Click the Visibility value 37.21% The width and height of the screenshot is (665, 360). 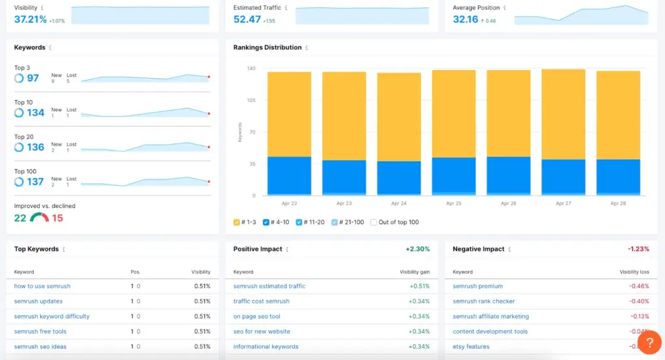pos(31,19)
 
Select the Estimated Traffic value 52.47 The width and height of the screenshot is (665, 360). pos(247,19)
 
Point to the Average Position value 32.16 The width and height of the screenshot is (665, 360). pos(466,19)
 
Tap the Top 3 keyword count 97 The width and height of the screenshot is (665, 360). pos(32,79)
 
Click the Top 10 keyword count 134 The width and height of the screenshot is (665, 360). pos(36,113)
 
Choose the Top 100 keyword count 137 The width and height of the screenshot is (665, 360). pos(36,182)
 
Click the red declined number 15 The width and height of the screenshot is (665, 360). pos(58,218)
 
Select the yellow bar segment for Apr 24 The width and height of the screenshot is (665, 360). pos(399,117)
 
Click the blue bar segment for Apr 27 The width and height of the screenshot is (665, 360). pos(563,175)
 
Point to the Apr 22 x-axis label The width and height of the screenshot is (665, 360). pos(289,203)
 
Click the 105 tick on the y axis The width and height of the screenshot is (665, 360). pos(251,101)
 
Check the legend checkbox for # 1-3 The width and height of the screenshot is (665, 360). pos(237,222)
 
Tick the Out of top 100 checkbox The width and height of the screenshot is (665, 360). pos(373,222)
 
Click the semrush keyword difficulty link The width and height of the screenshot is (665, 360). pos(52,316)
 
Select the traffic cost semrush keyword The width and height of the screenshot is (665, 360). pos(261,302)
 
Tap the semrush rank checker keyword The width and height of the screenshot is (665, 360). pos(484,302)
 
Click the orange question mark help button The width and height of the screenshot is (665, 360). pos(649,342)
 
